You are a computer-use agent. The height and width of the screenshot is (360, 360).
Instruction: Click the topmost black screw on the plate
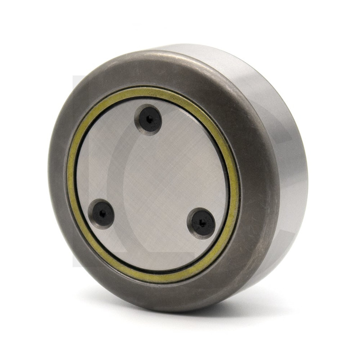tap(149, 119)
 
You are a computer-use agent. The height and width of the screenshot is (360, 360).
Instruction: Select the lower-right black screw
tap(201, 222)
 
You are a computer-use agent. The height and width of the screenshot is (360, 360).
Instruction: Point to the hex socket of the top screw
tap(149, 119)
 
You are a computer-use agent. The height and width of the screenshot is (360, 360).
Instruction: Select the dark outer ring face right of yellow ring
tap(256, 193)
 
